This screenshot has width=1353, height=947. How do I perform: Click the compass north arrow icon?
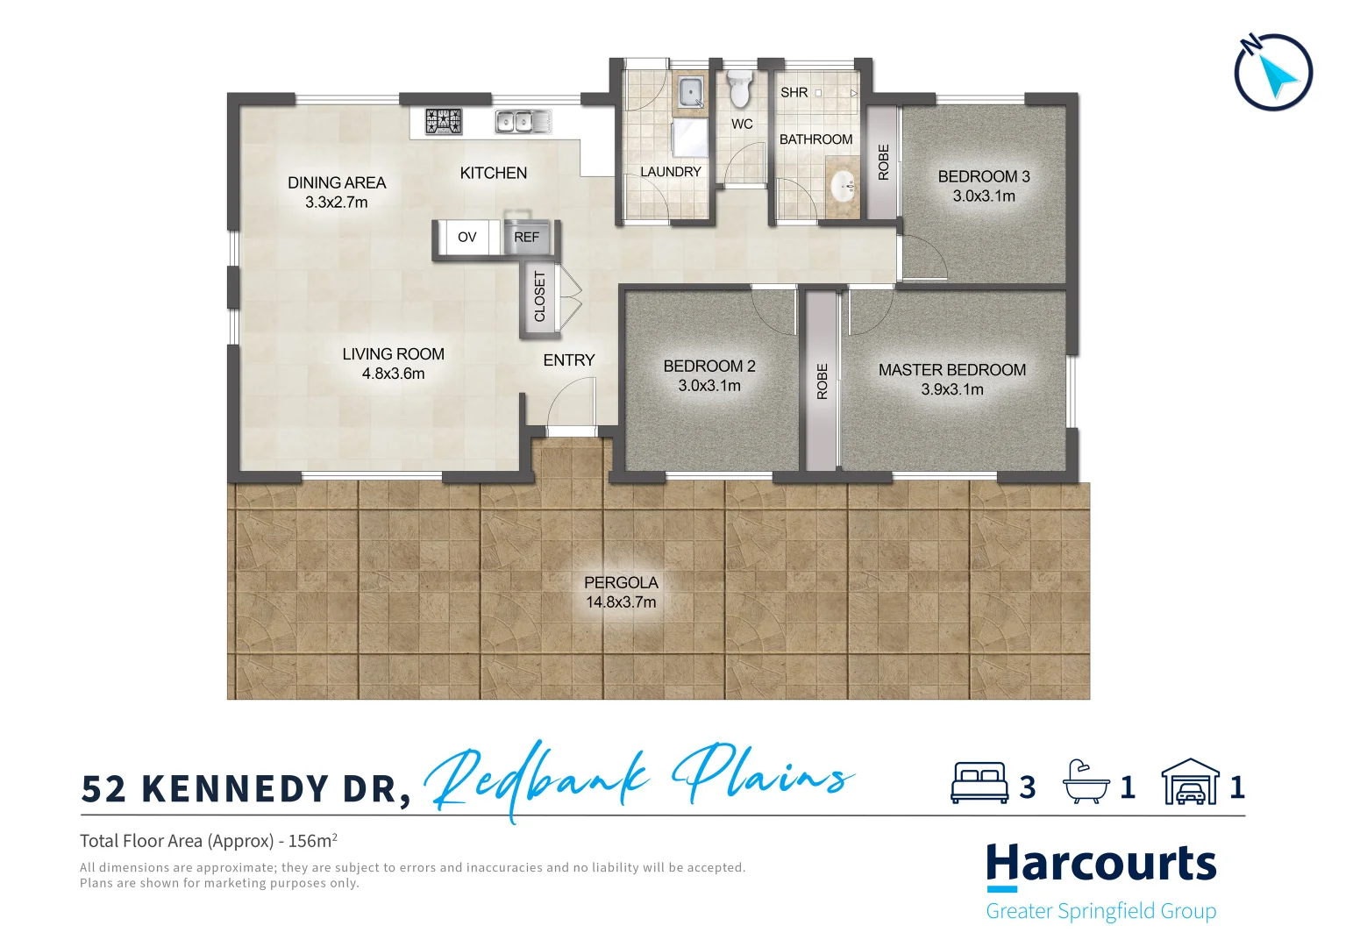pyautogui.click(x=1273, y=72)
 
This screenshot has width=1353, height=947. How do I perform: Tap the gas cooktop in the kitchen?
pyautogui.click(x=444, y=121)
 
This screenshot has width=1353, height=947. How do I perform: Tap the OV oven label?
pyautogui.click(x=467, y=238)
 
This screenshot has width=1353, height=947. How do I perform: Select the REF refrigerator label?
pyautogui.click(x=526, y=238)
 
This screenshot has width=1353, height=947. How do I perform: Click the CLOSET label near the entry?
pyautogui.click(x=539, y=296)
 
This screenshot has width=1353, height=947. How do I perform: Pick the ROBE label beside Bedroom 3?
pyautogui.click(x=883, y=162)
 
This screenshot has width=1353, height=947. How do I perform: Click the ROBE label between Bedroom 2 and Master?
pyautogui.click(x=822, y=381)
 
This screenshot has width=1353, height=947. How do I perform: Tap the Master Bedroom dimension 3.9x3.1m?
pyautogui.click(x=951, y=390)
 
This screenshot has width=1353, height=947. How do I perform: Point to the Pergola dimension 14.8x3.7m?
pyautogui.click(x=621, y=602)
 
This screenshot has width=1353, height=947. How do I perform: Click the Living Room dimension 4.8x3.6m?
pyautogui.click(x=393, y=374)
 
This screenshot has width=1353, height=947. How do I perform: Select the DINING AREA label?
pyautogui.click(x=337, y=182)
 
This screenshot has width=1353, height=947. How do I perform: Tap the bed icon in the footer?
pyautogui.click(x=979, y=783)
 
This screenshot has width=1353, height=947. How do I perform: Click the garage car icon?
pyautogui.click(x=1190, y=783)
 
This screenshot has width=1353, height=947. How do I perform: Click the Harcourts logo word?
pyautogui.click(x=1100, y=864)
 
